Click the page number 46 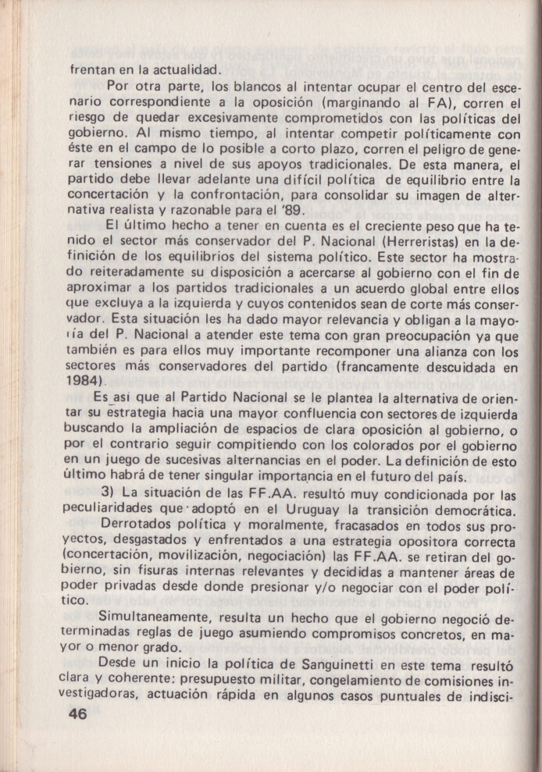point(78,713)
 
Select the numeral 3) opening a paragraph point(109,494)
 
